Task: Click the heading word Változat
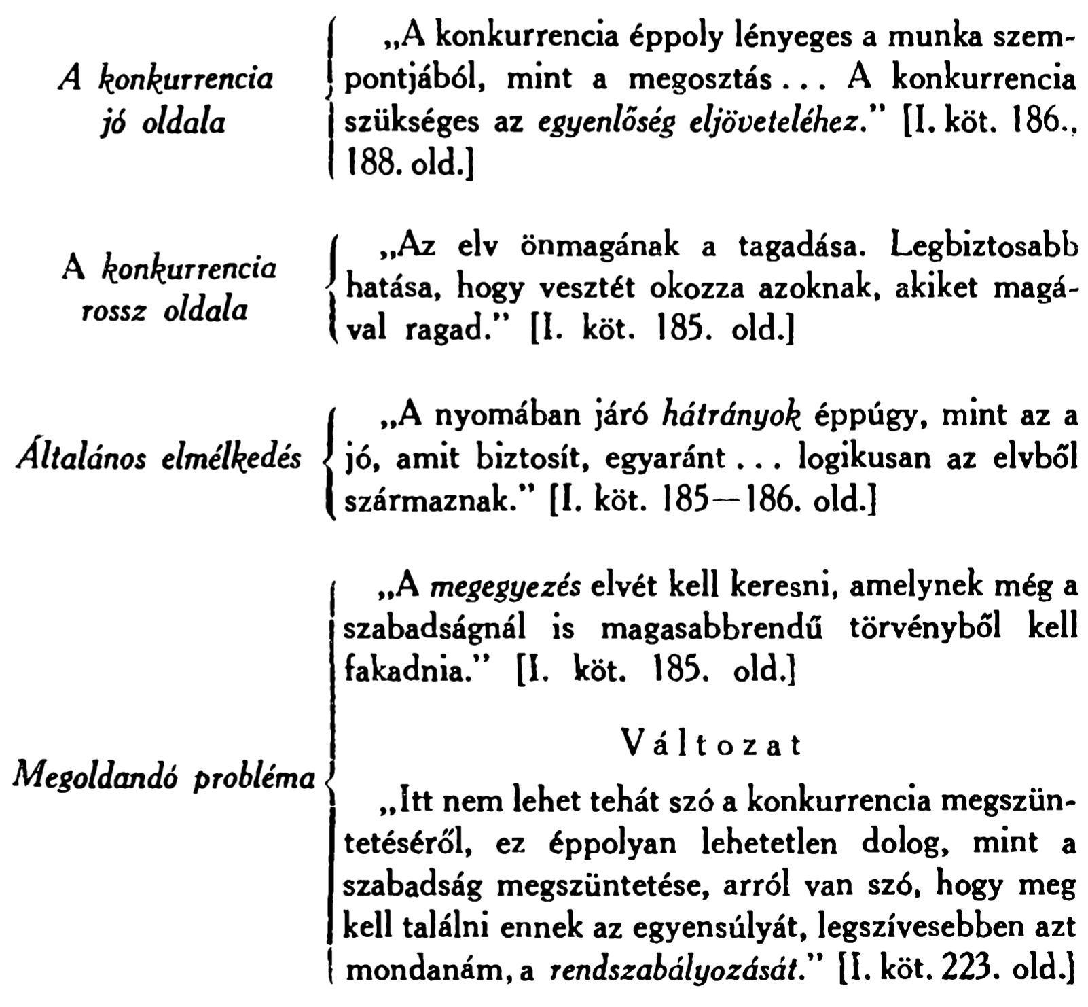point(711,745)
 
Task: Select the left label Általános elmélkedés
point(158,459)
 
